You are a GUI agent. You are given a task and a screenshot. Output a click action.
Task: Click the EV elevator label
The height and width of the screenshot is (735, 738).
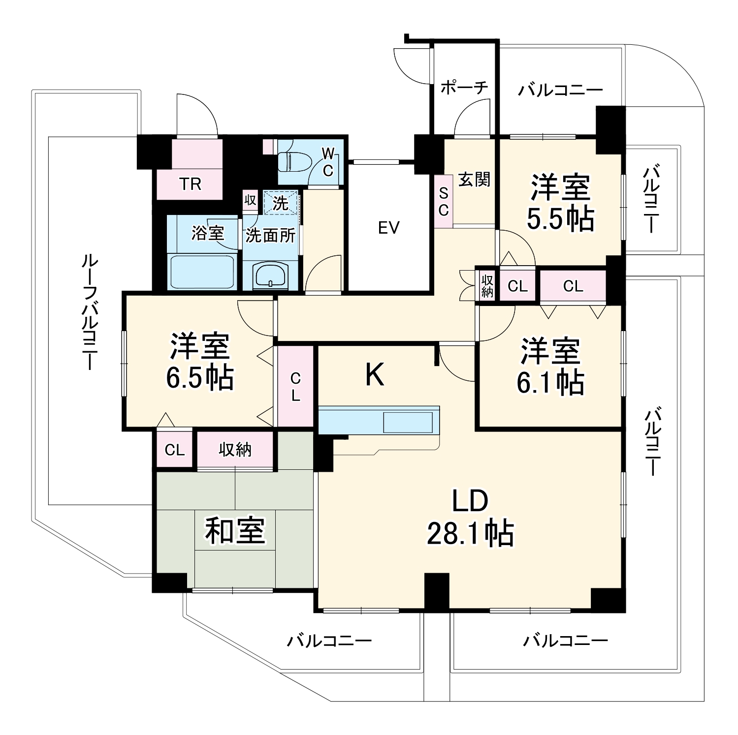pos(388,228)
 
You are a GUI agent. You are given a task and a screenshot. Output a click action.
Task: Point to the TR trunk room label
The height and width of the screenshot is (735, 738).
pos(190,184)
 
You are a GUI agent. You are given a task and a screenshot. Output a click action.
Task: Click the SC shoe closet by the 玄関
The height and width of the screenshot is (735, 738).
pos(443,202)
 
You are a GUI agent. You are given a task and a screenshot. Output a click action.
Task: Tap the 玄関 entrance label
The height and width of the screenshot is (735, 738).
pos(474,180)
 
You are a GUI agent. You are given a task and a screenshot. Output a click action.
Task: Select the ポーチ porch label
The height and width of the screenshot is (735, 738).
pos(464,88)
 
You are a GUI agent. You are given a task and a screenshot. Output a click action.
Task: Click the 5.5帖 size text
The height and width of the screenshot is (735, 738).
pos(560,219)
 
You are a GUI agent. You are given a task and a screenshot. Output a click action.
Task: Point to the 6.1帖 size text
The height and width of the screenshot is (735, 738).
pos(550,382)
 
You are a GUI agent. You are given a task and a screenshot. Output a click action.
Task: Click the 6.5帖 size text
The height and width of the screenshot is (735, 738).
pos(199,378)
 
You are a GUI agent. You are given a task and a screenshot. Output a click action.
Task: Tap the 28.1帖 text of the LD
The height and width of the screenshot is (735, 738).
pos(470,533)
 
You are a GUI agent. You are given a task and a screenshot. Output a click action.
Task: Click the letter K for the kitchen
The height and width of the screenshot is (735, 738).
pos(375,375)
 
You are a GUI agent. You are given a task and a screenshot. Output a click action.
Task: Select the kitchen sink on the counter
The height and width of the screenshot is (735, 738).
pos(408,421)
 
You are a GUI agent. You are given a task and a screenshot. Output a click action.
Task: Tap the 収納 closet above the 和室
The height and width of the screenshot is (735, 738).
pos(235,449)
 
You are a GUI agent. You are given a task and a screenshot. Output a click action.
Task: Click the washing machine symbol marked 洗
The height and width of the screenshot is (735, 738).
pos(281,203)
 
